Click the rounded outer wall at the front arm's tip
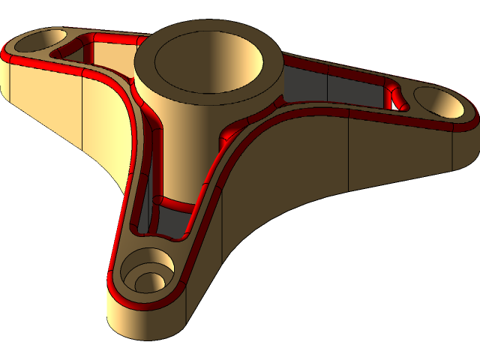(142, 322)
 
